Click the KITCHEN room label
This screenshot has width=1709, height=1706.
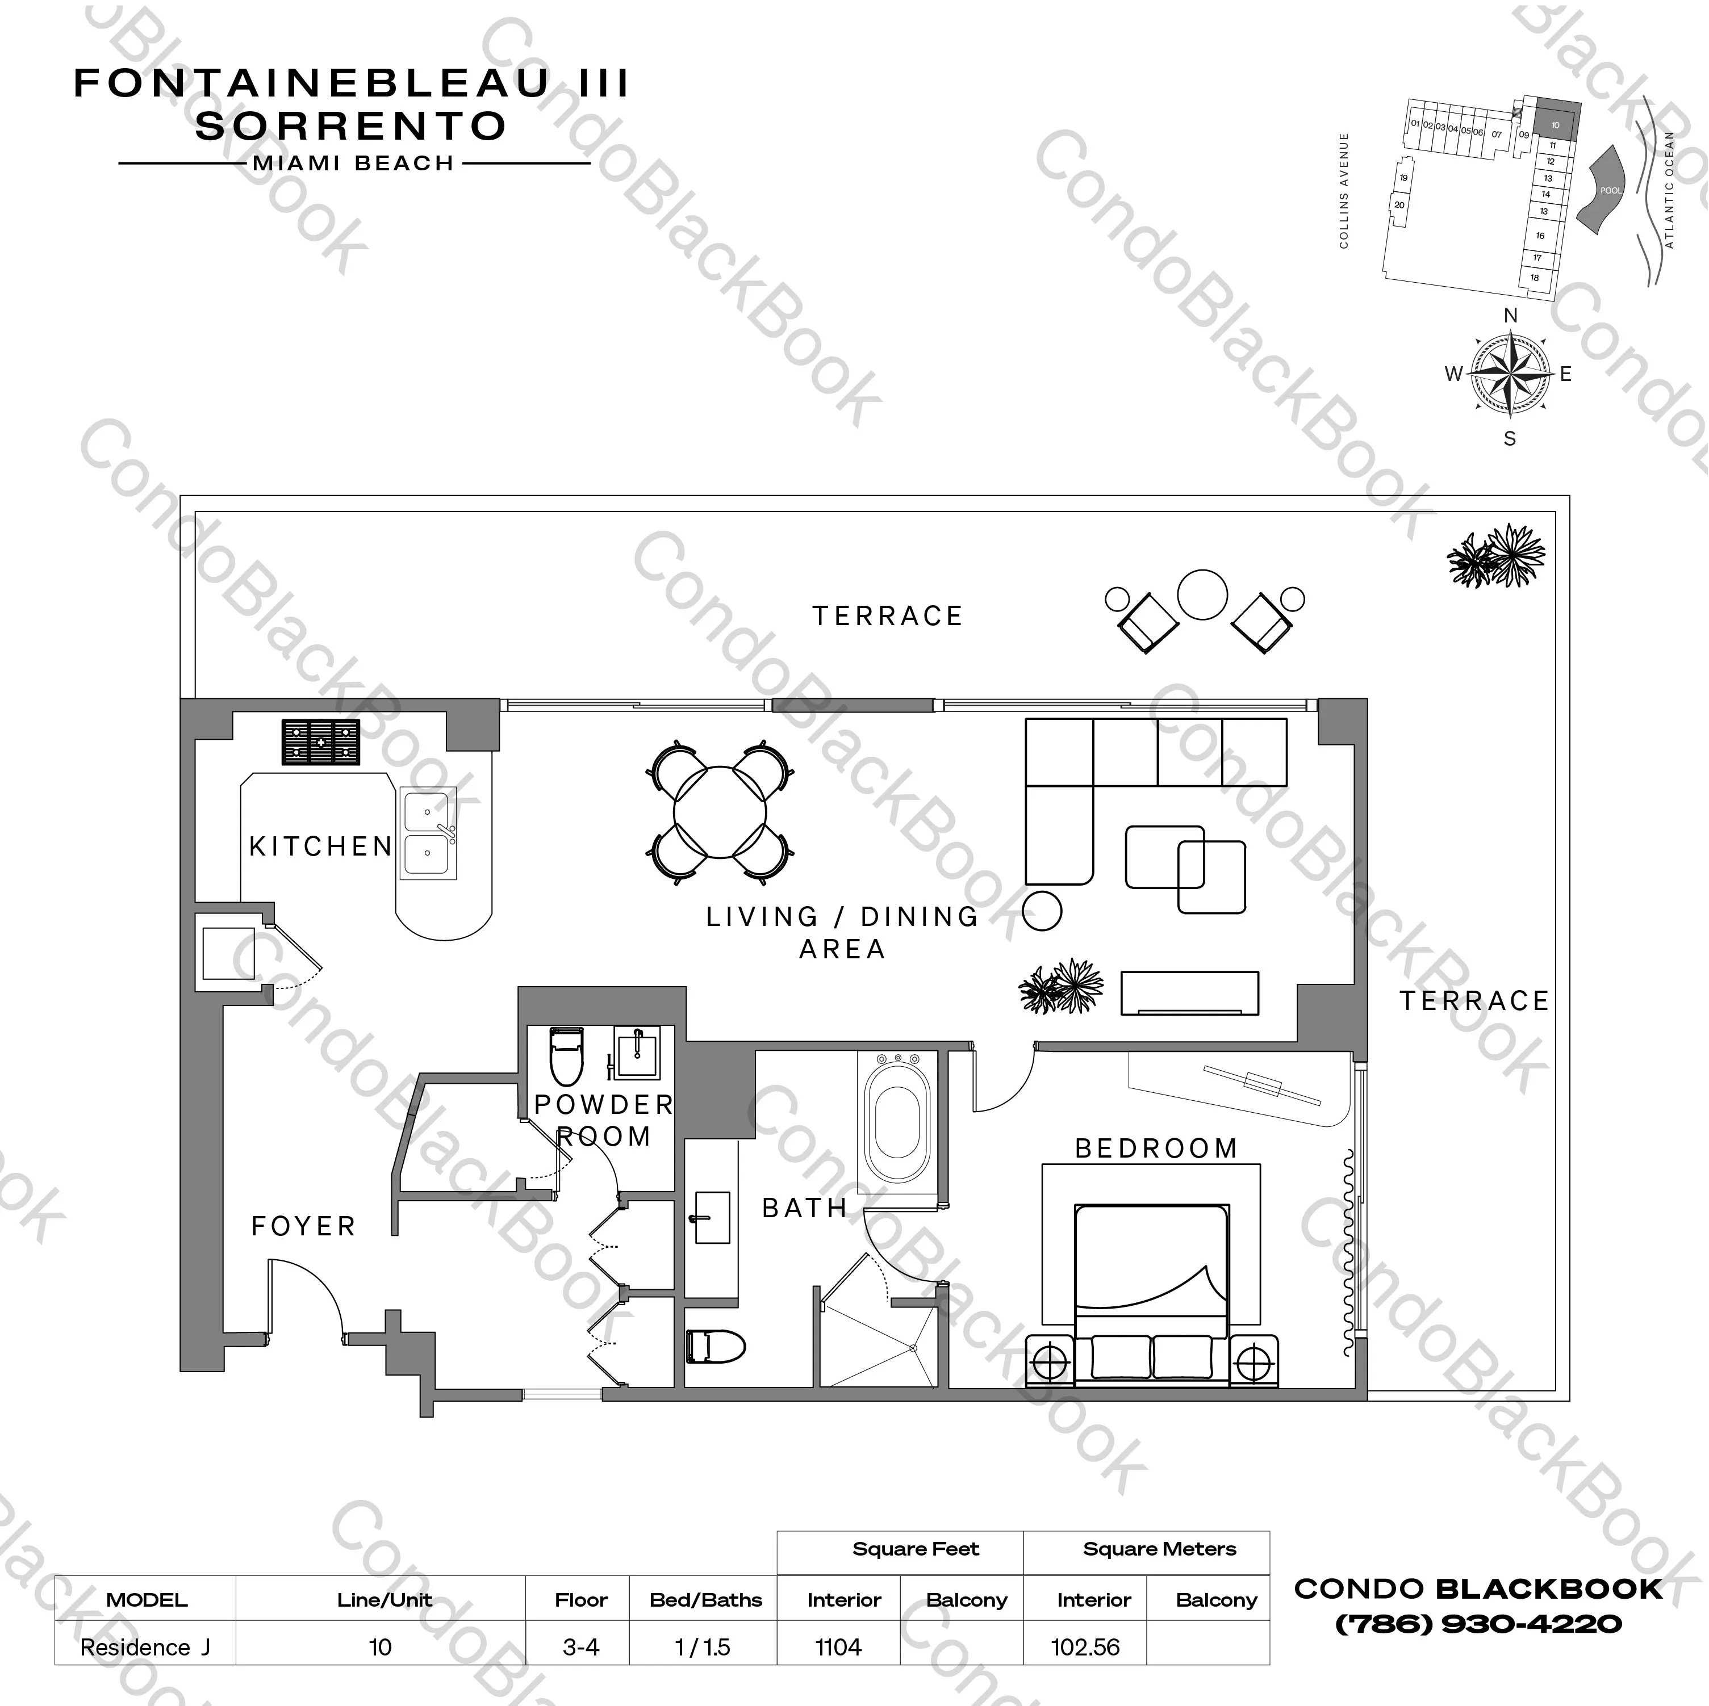(320, 846)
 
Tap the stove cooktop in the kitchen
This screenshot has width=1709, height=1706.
(320, 741)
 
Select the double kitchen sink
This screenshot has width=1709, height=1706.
(428, 833)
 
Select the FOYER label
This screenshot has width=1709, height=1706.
(303, 1226)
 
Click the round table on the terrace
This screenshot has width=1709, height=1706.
(1202, 594)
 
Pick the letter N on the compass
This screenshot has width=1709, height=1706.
(1510, 316)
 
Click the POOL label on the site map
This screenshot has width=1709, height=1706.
(1611, 190)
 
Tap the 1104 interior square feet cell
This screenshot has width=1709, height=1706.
(838, 1647)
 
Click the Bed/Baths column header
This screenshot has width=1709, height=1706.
(705, 1600)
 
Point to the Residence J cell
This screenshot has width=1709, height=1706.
(145, 1647)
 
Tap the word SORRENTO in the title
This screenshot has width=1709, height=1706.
(351, 127)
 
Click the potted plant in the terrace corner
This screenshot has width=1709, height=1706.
(1496, 556)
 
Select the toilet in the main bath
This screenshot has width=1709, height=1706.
(714, 1347)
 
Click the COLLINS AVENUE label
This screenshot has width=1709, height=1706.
(1344, 190)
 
